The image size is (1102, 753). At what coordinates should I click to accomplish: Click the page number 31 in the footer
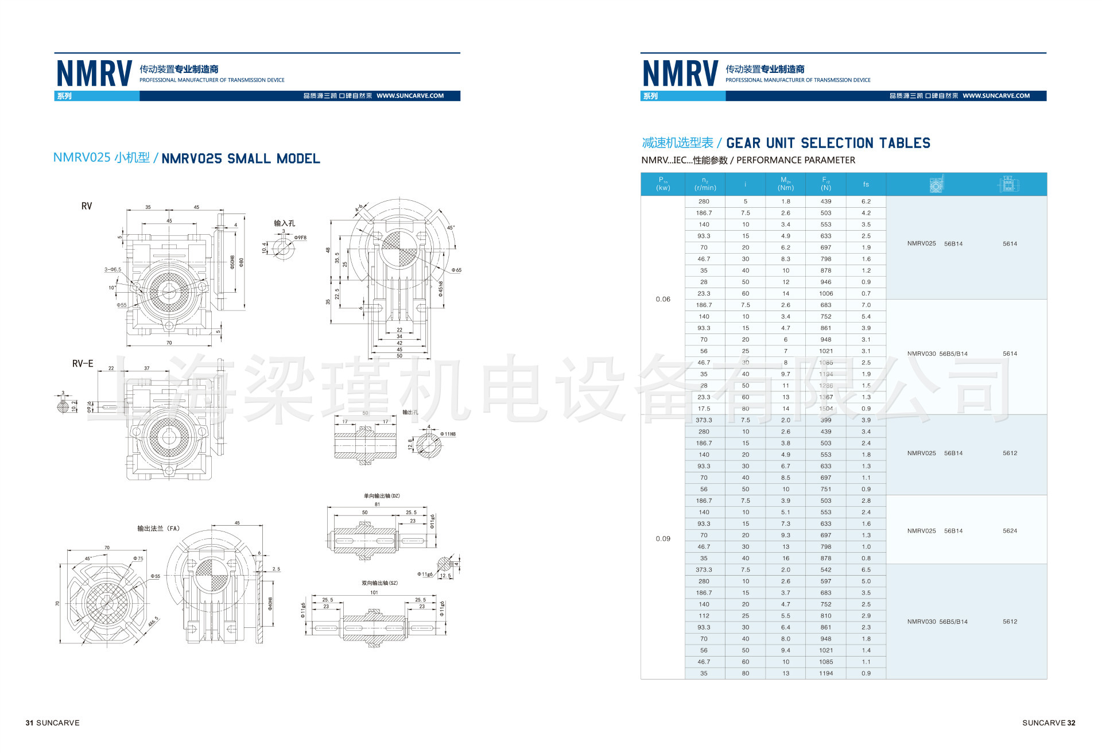tap(29, 723)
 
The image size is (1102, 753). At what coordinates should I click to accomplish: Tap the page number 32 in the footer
tap(1071, 723)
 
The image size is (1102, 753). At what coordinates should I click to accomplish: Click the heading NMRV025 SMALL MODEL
tap(240, 159)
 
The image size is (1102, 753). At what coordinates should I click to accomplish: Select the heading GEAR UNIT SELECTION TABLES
tap(828, 143)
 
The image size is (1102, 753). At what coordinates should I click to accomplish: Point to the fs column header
tap(866, 184)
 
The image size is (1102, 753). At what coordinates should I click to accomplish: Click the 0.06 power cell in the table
tap(663, 299)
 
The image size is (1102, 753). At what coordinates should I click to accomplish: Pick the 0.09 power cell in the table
tap(663, 538)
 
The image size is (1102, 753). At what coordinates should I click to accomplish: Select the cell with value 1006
tap(825, 293)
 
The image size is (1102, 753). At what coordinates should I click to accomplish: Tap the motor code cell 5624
tap(1010, 531)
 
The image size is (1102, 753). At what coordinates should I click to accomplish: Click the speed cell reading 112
tap(704, 616)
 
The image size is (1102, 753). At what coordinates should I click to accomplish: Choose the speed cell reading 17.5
tap(704, 409)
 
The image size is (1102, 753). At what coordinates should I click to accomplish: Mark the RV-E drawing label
tap(83, 364)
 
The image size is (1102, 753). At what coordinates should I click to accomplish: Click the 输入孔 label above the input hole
tap(284, 223)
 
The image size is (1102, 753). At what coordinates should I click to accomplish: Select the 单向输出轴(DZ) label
tap(381, 496)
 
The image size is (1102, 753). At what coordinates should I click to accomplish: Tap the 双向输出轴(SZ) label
tap(379, 583)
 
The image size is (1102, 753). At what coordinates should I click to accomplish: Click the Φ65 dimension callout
tap(456, 270)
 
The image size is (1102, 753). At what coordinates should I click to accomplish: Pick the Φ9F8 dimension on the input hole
tap(300, 238)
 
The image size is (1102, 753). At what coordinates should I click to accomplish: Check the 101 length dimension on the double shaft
tap(374, 592)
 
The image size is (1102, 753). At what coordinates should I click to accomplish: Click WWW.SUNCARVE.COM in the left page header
tap(410, 96)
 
